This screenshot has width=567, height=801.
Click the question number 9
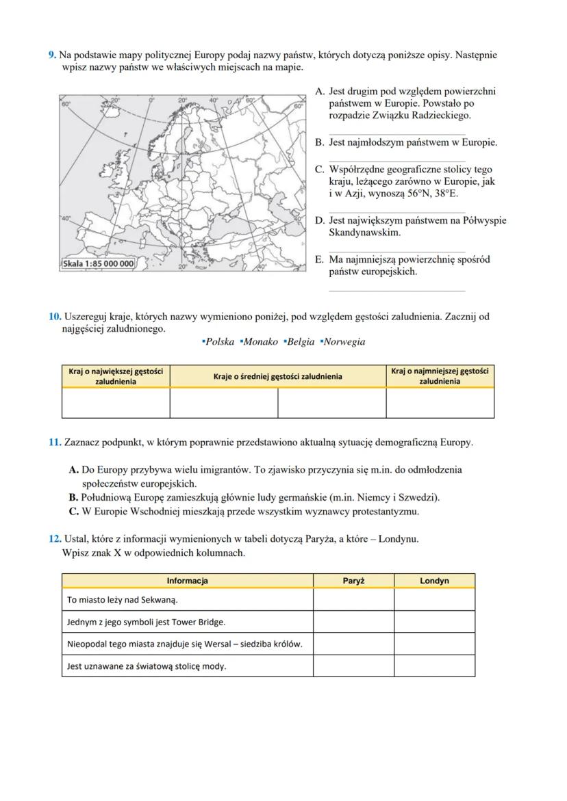point(52,55)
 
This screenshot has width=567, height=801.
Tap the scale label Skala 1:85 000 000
point(98,263)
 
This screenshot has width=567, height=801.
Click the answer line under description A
point(396,135)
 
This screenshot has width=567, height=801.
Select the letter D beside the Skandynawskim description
point(319,220)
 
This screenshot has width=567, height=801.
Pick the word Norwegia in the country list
point(344,341)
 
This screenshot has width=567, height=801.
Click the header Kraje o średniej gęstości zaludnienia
point(277,376)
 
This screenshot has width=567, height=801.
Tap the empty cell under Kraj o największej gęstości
point(116,403)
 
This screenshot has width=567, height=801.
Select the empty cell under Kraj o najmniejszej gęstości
point(440,403)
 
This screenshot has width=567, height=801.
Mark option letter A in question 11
point(74,470)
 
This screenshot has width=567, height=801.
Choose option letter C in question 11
point(73,511)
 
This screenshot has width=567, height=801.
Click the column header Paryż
point(353,581)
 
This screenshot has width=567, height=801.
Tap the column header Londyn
point(434,581)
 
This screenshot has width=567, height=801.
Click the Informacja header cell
point(187,581)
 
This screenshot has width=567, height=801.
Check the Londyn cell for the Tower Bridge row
point(434,622)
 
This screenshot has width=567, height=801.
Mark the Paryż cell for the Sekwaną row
point(353,600)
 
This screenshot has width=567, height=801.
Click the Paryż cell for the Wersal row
point(353,644)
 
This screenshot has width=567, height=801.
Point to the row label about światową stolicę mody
point(147,666)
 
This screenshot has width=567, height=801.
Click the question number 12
point(55,539)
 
